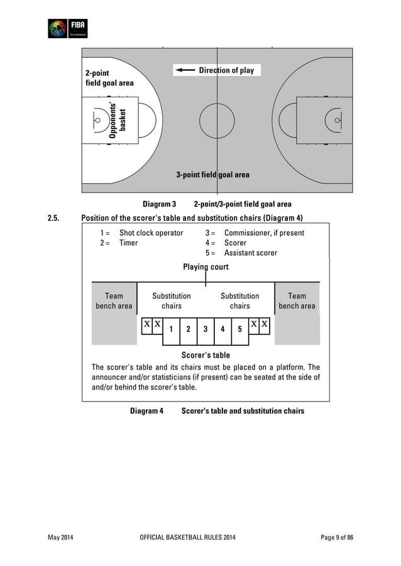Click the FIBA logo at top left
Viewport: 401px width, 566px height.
(68, 28)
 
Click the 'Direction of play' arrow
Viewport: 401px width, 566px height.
(186, 70)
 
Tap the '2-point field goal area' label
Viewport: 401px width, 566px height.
(109, 78)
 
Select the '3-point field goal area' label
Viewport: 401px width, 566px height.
(212, 174)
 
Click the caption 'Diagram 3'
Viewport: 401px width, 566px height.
(159, 204)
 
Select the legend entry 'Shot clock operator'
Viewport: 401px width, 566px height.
(151, 233)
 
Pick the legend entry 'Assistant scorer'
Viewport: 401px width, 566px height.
(250, 253)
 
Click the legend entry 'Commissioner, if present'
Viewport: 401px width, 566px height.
(264, 233)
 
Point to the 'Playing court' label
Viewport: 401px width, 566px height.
(206, 267)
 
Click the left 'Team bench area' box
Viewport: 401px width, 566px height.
(114, 301)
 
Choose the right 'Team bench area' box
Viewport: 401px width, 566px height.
(297, 301)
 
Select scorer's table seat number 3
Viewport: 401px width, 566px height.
(205, 329)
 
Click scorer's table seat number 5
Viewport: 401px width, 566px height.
(239, 329)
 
